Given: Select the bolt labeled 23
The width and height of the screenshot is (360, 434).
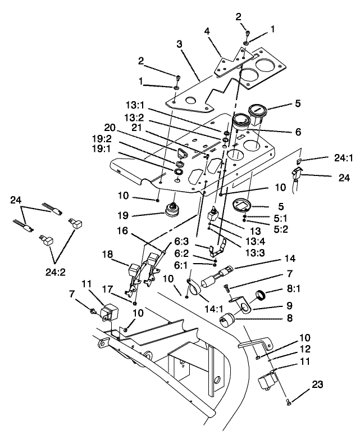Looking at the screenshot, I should coord(289,401).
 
